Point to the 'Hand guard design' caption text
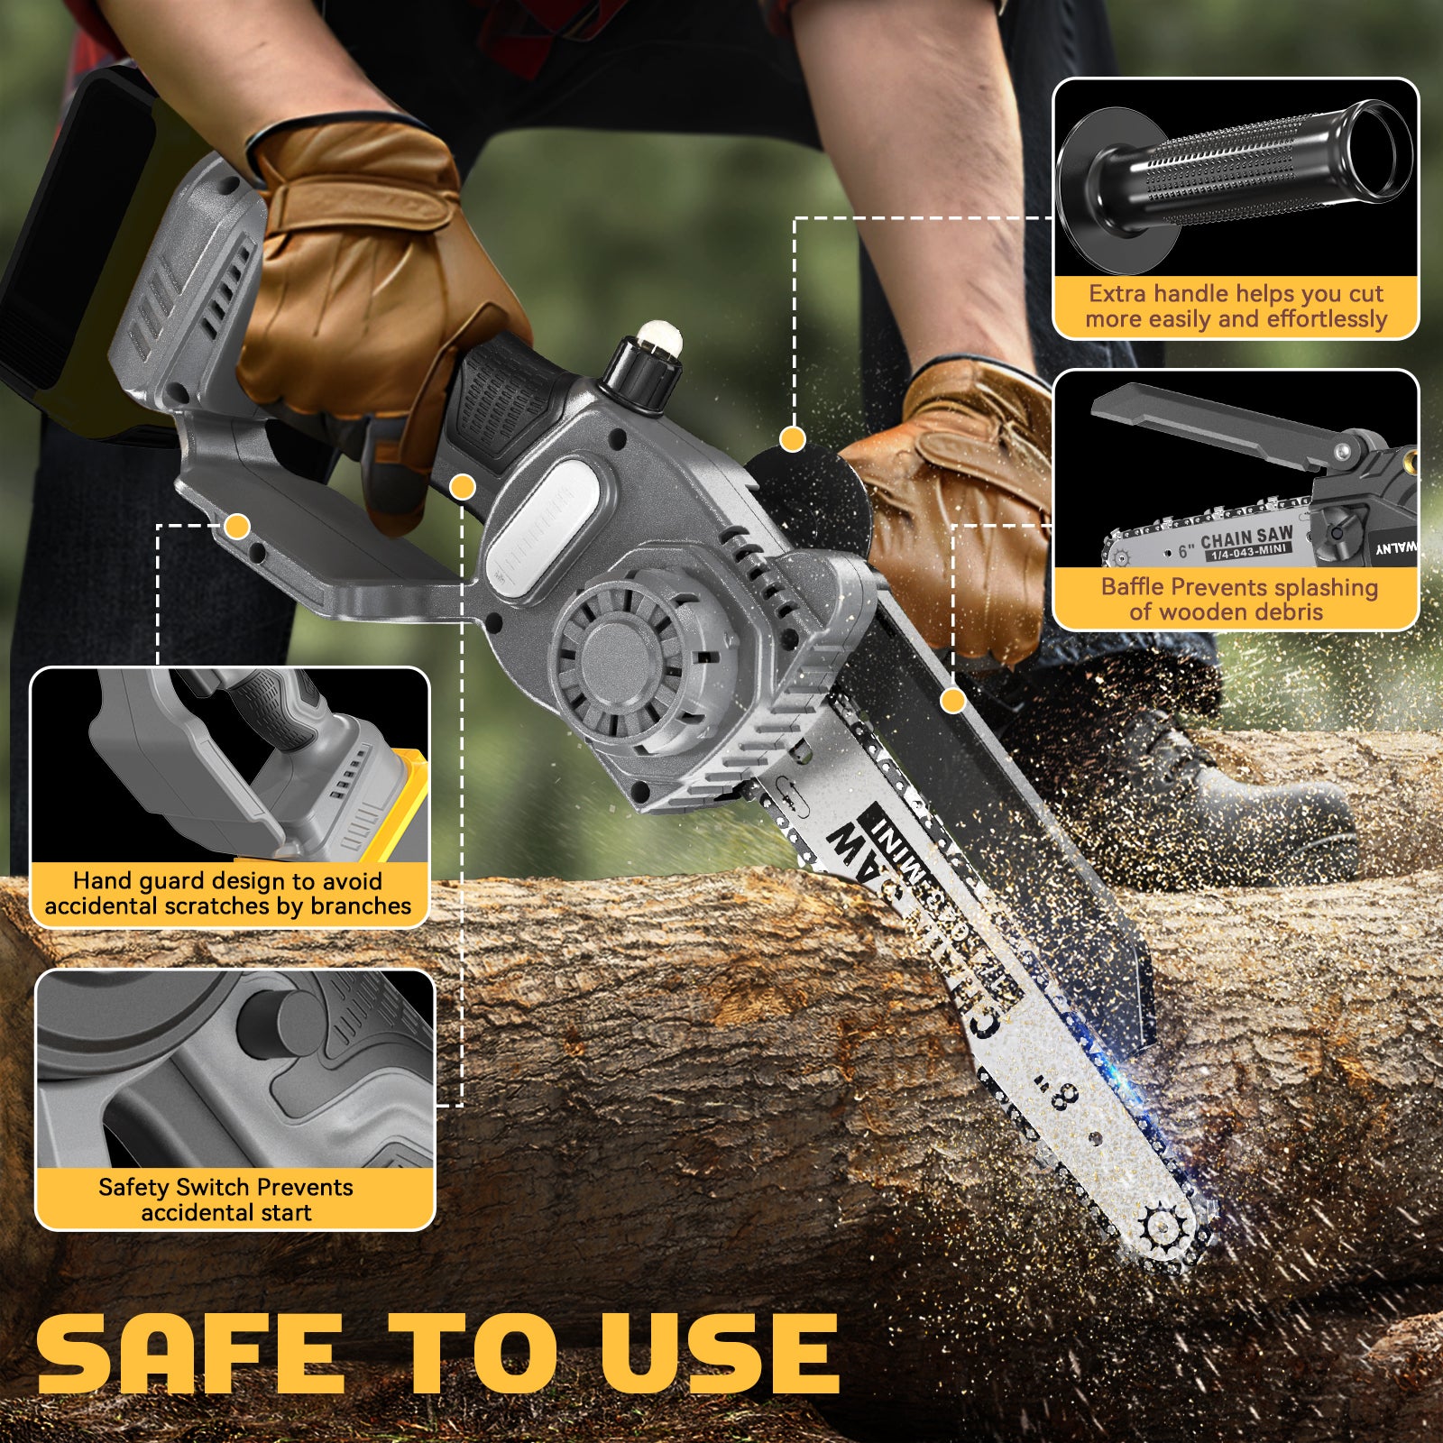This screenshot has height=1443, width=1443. tap(227, 893)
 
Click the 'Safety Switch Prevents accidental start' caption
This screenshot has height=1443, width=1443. tap(226, 1199)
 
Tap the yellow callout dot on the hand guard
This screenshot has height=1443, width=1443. tap(238, 525)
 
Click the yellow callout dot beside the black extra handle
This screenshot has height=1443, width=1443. tap(793, 439)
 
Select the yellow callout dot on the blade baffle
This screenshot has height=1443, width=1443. tap(953, 700)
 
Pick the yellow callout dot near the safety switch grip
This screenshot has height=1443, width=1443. tap(463, 487)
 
